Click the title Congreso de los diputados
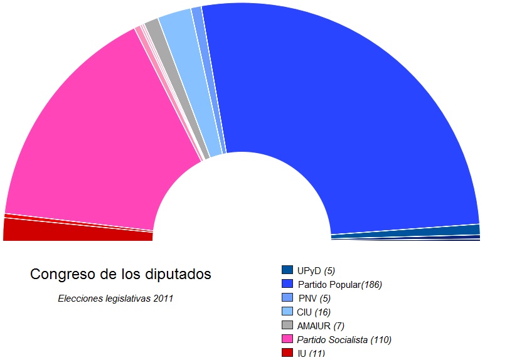point(121,275)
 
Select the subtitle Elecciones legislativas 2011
point(115,299)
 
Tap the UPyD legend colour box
point(287,270)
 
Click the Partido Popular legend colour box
point(287,284)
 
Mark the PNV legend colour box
point(287,298)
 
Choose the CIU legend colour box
point(287,312)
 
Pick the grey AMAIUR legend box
point(287,326)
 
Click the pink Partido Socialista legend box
point(287,339)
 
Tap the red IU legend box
point(287,352)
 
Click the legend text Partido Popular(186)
point(339,285)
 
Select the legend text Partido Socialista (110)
point(344,340)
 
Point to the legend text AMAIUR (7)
point(320,326)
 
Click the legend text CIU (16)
point(314,312)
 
